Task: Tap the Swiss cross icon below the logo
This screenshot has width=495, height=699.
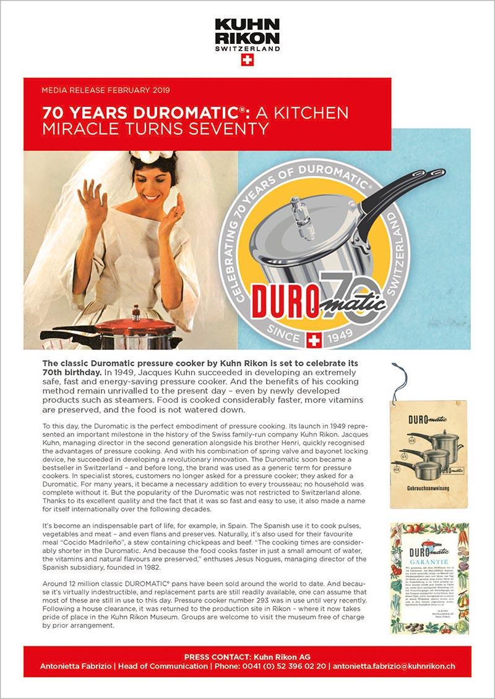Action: click(247, 60)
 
